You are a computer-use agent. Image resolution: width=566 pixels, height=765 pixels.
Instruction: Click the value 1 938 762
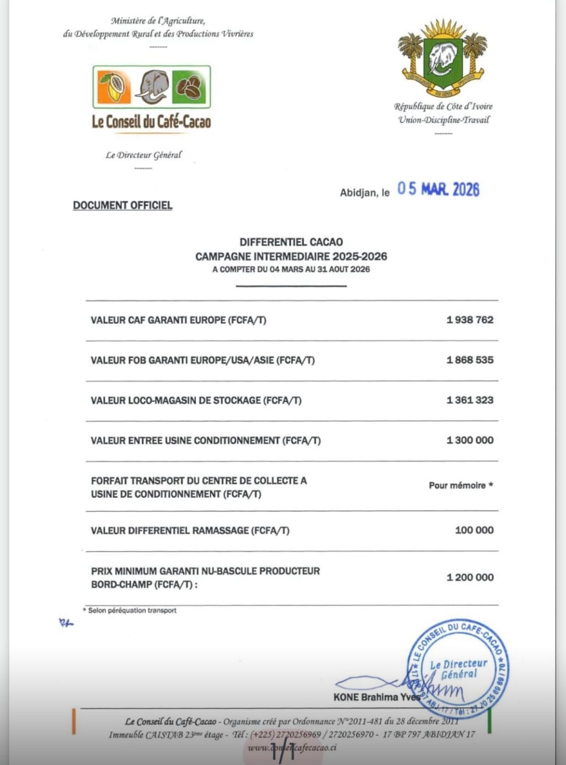click(470, 320)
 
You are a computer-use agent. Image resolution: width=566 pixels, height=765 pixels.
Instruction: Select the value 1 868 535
click(470, 360)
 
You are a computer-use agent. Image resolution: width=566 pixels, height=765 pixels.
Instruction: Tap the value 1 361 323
click(470, 400)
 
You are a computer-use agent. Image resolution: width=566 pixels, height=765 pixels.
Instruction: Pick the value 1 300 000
click(470, 440)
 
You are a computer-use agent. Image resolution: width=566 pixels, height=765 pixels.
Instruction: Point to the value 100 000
click(474, 530)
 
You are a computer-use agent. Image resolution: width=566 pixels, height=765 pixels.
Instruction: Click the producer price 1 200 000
click(470, 577)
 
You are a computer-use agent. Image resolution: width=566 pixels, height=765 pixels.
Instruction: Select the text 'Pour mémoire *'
click(460, 485)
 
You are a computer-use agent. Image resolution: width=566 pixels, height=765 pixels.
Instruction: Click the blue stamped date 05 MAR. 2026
click(438, 189)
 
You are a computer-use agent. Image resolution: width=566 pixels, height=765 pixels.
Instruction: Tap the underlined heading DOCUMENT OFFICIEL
click(123, 205)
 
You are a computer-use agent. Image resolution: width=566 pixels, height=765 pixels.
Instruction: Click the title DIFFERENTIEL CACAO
click(291, 242)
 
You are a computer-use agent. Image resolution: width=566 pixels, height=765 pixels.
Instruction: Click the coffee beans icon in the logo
click(189, 87)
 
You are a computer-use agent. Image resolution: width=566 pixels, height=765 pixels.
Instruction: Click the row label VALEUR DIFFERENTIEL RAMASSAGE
click(190, 530)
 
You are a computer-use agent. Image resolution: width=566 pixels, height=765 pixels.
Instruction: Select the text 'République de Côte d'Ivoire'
click(443, 107)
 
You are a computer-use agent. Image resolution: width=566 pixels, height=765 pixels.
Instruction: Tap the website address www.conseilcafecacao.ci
click(292, 748)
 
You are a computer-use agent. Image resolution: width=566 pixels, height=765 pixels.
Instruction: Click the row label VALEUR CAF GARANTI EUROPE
click(178, 320)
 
